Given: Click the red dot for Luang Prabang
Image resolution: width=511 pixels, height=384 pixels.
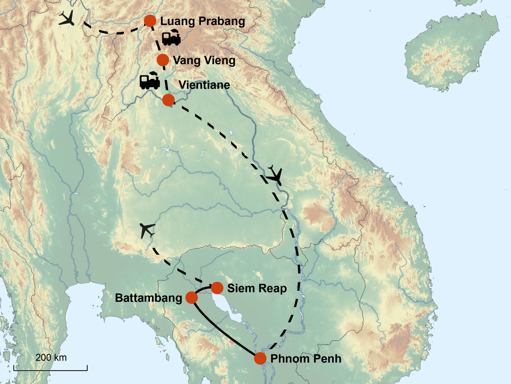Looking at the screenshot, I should [x=150, y=21].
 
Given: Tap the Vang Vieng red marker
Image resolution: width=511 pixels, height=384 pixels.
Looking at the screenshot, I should [x=163, y=60].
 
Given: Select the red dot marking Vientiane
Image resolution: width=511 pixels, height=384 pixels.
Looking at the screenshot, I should [x=168, y=100].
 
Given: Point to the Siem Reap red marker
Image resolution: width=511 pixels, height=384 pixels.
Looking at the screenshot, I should [x=217, y=288].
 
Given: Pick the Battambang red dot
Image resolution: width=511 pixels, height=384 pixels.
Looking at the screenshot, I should [x=191, y=298].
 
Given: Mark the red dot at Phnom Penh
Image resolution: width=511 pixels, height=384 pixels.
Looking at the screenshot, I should [x=260, y=358].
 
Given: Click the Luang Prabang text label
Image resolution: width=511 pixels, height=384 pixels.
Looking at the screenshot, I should [x=203, y=21].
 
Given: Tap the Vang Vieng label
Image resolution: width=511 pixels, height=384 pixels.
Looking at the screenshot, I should [x=204, y=61].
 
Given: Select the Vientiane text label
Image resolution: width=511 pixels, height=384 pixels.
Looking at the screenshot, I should [x=204, y=85].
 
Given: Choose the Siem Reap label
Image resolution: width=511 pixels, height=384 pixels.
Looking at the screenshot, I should [x=257, y=288].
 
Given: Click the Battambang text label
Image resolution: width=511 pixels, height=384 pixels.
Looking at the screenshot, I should [x=148, y=298].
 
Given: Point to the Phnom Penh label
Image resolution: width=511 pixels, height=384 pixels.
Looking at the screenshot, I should [x=306, y=359].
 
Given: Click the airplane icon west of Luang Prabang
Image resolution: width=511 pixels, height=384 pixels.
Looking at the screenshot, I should [x=67, y=18].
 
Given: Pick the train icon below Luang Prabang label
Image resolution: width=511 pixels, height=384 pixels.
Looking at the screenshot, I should [x=171, y=37].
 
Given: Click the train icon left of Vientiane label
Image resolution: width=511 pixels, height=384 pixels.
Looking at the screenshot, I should [x=150, y=81].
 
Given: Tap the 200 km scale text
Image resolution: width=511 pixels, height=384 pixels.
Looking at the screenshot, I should [x=51, y=358].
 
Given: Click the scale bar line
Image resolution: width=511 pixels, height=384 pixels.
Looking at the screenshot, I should [x=51, y=370].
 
